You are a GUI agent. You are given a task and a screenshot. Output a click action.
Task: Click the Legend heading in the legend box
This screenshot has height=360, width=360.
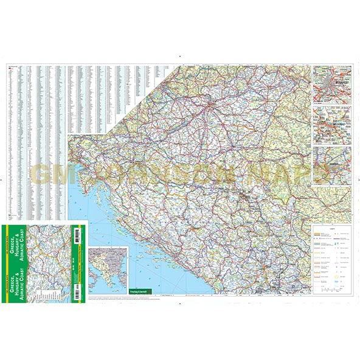[332, 229]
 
